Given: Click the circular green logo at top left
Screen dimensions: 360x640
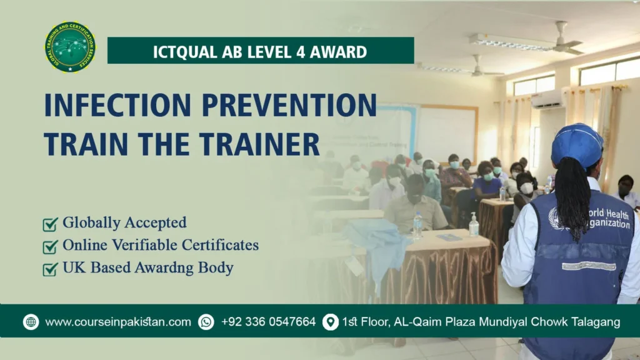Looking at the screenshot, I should click(70, 47).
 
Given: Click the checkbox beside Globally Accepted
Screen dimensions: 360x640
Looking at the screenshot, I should click(50, 224).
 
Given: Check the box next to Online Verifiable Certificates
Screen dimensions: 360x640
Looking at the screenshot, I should click(50, 246).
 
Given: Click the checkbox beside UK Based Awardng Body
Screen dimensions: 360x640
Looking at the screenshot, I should click(50, 269).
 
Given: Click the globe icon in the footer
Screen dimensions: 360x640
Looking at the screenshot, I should click(31, 322).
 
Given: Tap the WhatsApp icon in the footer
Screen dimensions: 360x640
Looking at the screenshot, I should click(206, 322).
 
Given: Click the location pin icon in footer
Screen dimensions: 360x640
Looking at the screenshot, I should click(330, 322).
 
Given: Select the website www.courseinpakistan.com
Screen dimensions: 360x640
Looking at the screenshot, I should click(118, 322).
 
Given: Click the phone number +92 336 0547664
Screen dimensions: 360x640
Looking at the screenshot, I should click(269, 322).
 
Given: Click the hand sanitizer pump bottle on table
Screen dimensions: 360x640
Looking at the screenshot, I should click(474, 225).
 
